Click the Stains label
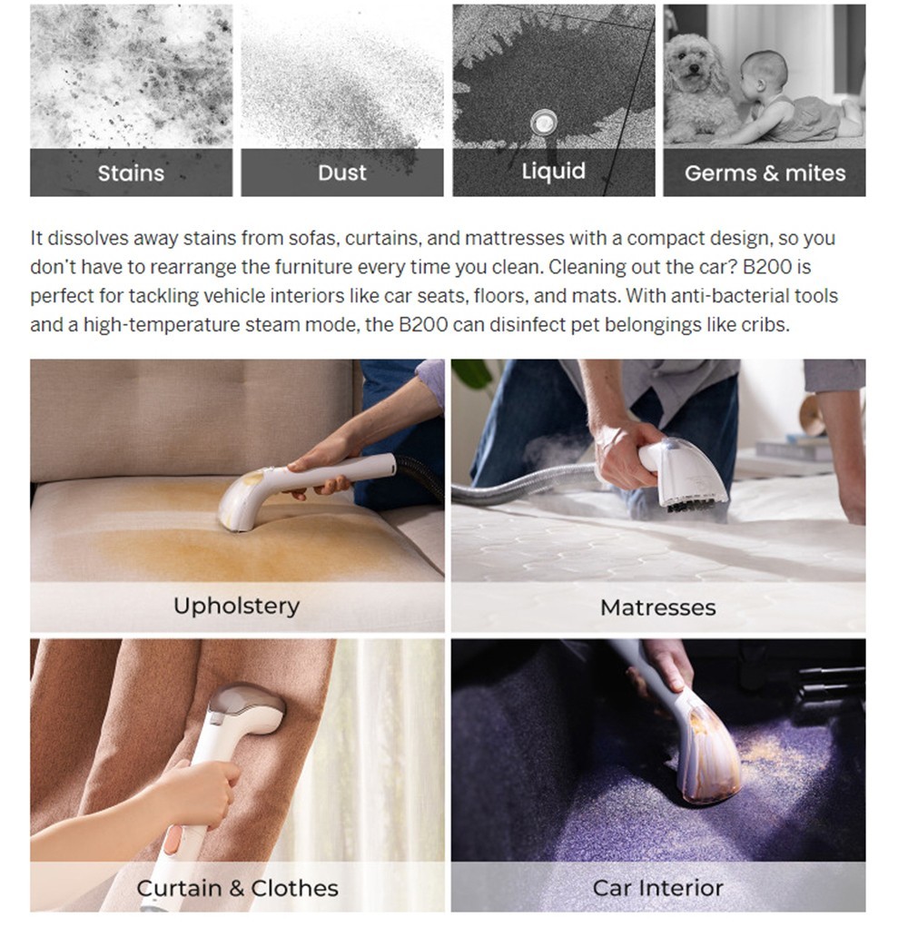[131, 173]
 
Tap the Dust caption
[342, 173]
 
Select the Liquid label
[553, 172]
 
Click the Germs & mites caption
[765, 173]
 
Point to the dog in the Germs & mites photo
[698, 86]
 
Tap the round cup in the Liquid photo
[543, 122]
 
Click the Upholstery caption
[237, 606]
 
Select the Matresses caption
[658, 607]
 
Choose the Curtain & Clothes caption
[237, 888]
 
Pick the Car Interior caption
[658, 888]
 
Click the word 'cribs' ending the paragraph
[763, 324]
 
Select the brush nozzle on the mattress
[690, 477]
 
